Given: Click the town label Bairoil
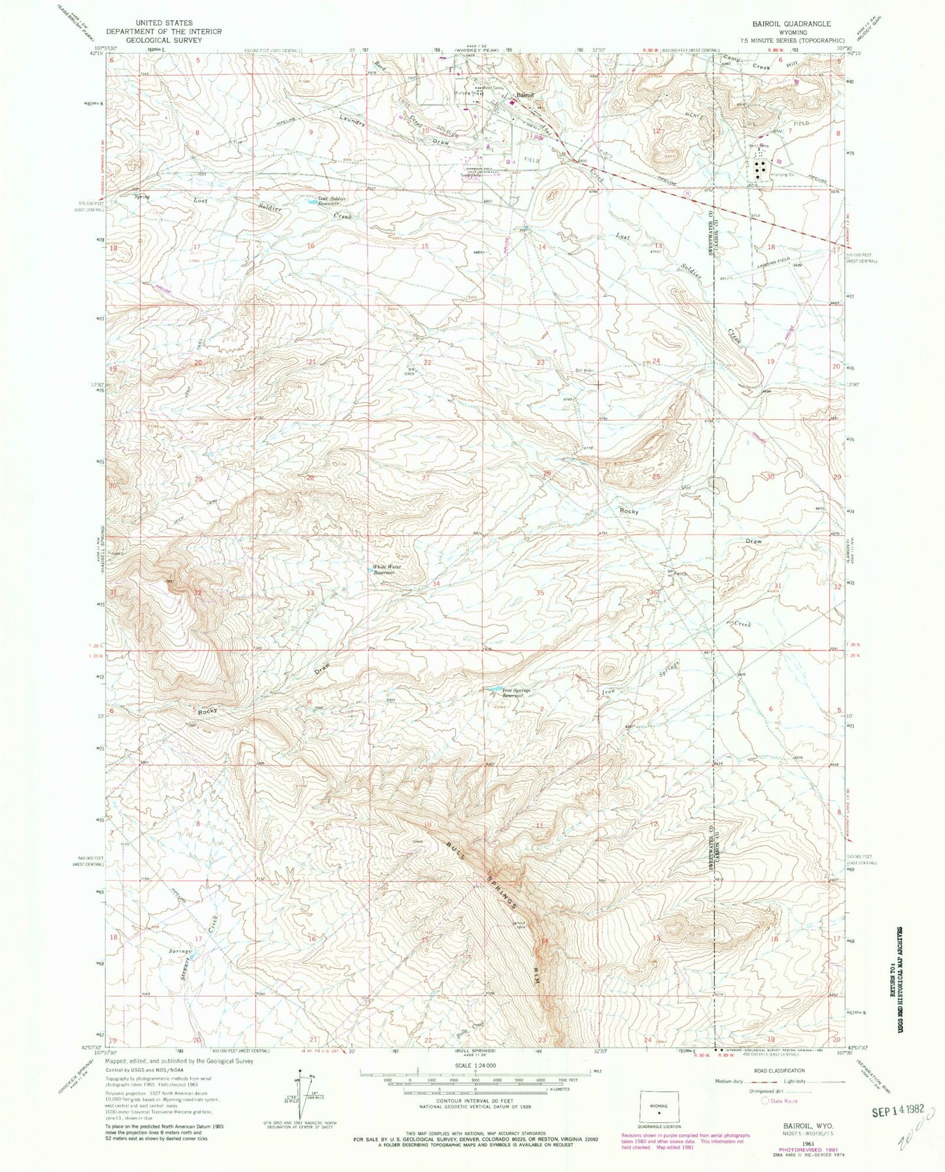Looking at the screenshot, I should point(524,96).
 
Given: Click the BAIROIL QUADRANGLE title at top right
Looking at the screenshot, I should point(793,23).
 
